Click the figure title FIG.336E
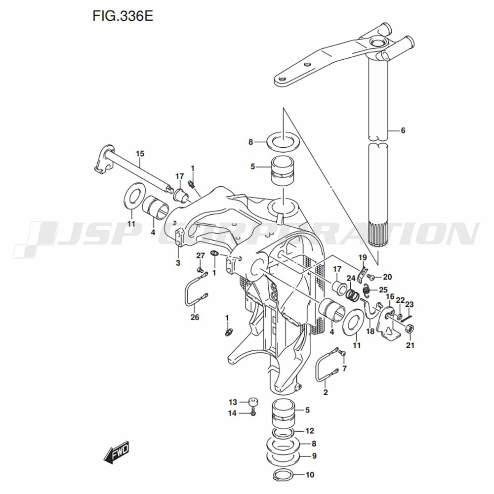pos(123,16)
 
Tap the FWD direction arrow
pos(117,452)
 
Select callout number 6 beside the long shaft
pos(403,130)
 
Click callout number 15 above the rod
pos(140,154)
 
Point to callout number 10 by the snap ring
pos(310,476)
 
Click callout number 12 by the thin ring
pos(310,431)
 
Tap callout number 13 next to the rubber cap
pos(233,402)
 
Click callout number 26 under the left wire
pos(195,317)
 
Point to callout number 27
pos(200,255)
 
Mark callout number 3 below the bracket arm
pos(178,262)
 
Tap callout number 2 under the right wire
pos(325,393)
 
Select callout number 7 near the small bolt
pos(344,368)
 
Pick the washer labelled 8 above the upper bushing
pos(283,142)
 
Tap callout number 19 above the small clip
pos(362,257)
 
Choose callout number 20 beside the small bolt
pos(387,277)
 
